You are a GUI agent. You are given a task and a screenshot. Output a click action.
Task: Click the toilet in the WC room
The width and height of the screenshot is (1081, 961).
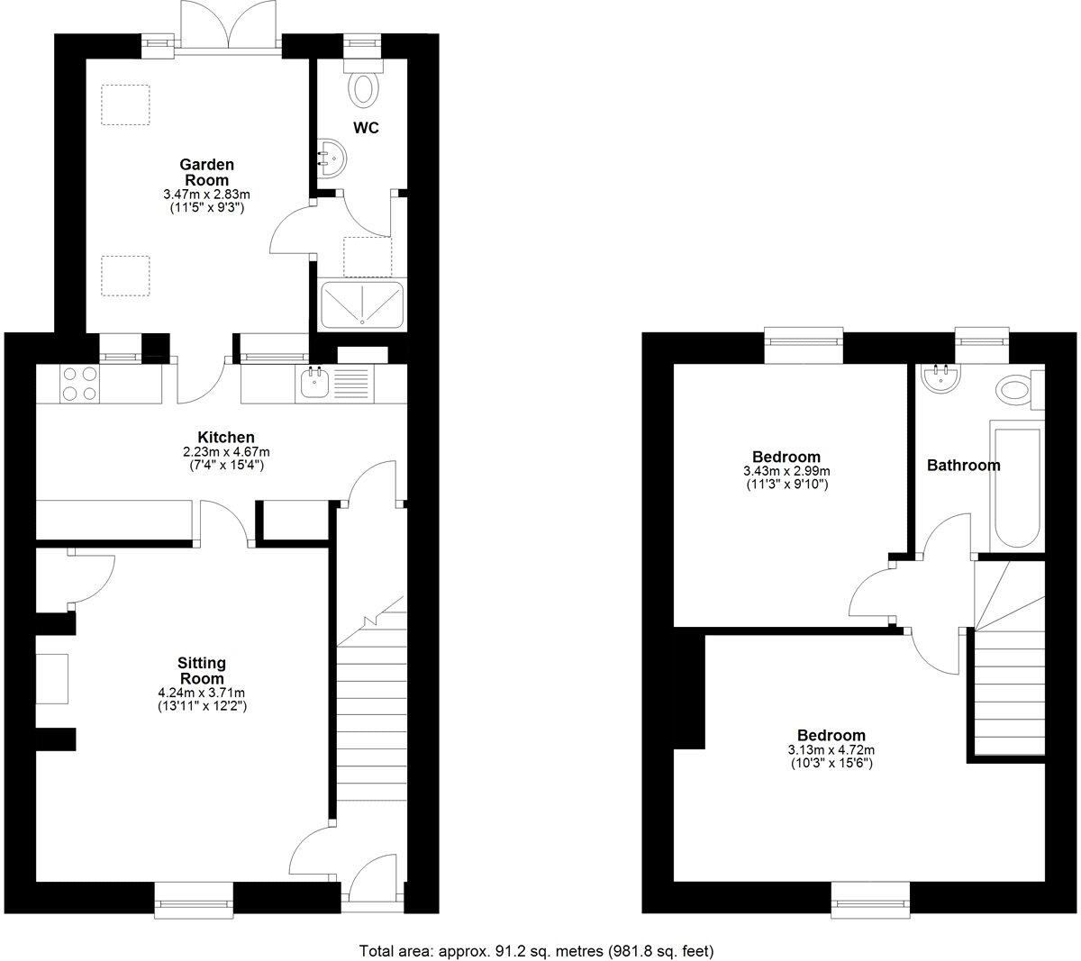[364, 86]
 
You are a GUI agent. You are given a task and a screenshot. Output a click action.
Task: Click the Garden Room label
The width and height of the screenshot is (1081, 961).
[207, 172]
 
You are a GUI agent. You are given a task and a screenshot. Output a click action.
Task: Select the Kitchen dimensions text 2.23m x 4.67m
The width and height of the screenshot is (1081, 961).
[221, 452]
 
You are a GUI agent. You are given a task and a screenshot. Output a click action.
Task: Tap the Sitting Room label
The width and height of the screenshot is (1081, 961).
[202, 671]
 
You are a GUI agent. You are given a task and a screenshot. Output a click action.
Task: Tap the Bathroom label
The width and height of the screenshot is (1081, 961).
[963, 466]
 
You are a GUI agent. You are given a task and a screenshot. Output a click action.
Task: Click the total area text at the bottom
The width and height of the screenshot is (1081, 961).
[538, 950]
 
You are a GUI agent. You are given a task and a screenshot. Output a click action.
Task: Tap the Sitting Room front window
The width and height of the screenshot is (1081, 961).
[194, 901]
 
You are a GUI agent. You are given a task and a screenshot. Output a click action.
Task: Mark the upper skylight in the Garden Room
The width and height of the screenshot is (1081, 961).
[125, 104]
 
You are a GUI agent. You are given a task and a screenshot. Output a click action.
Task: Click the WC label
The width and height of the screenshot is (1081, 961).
[366, 128]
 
